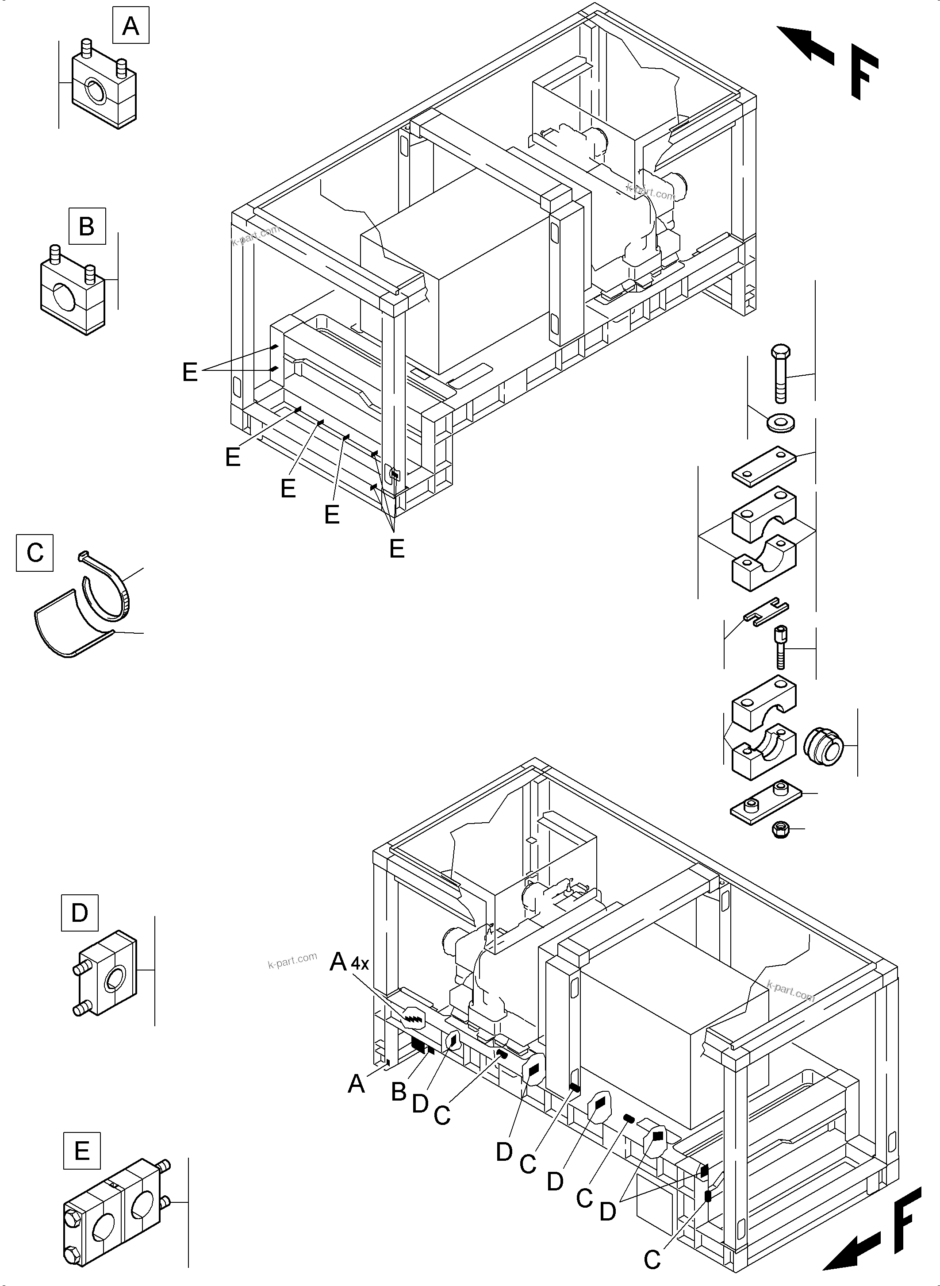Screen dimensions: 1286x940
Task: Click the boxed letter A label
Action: tap(130, 26)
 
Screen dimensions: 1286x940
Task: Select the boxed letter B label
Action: tap(87, 226)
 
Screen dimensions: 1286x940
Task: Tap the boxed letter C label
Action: tap(35, 553)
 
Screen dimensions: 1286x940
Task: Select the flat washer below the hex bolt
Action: tap(781, 423)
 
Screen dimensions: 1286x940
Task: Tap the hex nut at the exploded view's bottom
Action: tap(779, 829)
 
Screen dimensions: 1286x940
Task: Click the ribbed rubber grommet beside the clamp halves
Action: tap(822, 745)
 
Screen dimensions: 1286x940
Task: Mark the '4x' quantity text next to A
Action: tap(360, 963)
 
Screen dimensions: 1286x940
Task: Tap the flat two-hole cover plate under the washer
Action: tap(763, 466)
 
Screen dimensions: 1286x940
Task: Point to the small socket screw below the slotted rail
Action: tap(780, 647)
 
